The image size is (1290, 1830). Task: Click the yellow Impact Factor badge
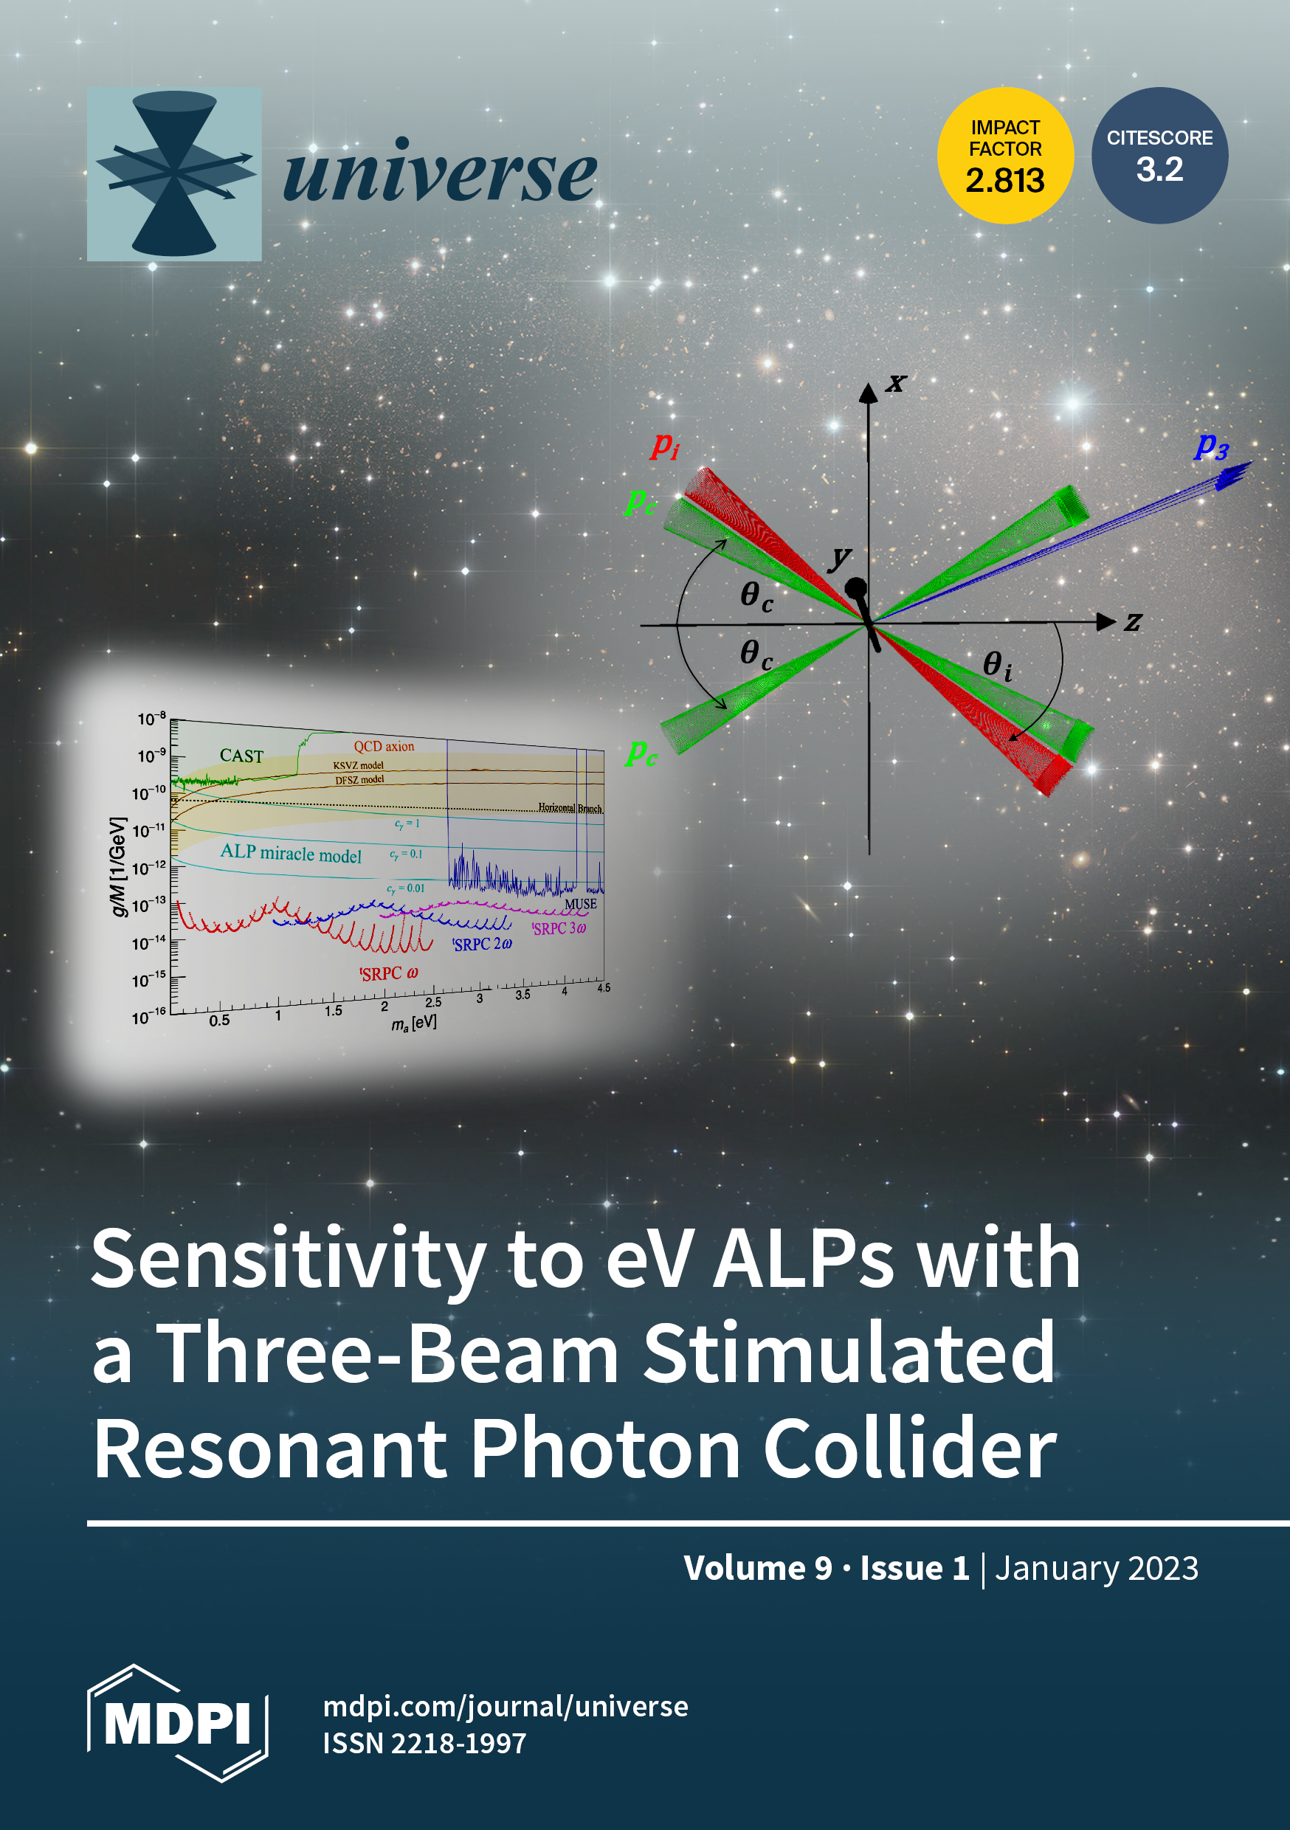(x=1004, y=156)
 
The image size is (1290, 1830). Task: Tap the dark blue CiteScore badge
(x=1159, y=156)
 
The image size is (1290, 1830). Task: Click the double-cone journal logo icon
(x=175, y=173)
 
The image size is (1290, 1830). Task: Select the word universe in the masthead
(x=439, y=171)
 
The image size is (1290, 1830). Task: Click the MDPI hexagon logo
(x=177, y=1723)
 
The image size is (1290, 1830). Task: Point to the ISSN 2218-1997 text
(x=424, y=1743)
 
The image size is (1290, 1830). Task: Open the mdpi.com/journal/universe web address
(x=506, y=1707)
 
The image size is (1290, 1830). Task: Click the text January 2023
(x=1096, y=1569)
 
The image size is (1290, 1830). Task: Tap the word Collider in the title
(x=910, y=1449)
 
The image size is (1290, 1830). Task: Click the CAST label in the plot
(x=241, y=756)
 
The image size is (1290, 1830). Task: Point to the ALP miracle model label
(x=291, y=853)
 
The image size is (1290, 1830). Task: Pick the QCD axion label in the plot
(x=384, y=746)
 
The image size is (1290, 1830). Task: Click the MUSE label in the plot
(x=580, y=904)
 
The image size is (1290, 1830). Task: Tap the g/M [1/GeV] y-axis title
(x=118, y=866)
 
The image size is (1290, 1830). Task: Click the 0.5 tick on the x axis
(x=219, y=1021)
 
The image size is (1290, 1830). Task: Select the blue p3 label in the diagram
(x=1212, y=446)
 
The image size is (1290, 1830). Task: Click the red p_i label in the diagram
(x=665, y=446)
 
